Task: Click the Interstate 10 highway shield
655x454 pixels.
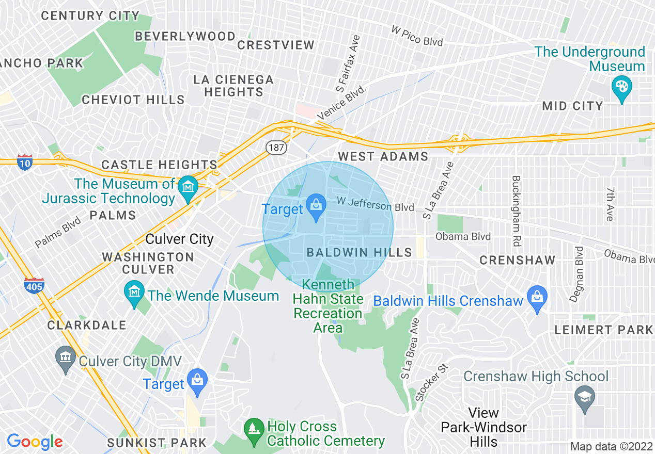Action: click(24, 162)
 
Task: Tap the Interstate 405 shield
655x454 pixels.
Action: click(34, 285)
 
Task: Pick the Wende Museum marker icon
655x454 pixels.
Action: click(134, 294)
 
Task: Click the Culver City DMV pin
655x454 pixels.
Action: click(66, 359)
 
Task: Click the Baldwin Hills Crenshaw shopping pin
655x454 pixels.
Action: click(537, 298)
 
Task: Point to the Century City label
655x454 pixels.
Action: click(90, 16)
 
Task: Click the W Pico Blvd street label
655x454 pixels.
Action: click(417, 36)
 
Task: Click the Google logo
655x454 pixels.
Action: click(35, 442)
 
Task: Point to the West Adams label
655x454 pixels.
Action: click(383, 156)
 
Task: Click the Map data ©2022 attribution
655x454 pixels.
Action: click(611, 446)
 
